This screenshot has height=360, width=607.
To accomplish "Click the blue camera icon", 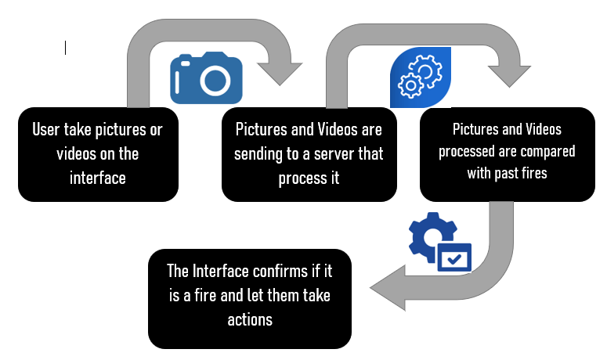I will (206, 78).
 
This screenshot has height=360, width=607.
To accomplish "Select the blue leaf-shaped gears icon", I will (421, 77).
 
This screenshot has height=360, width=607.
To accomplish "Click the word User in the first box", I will (49, 130).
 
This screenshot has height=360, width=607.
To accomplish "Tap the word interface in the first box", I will (97, 178).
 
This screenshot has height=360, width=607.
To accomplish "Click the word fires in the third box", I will (529, 173).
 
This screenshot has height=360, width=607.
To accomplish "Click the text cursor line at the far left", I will (65, 49).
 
